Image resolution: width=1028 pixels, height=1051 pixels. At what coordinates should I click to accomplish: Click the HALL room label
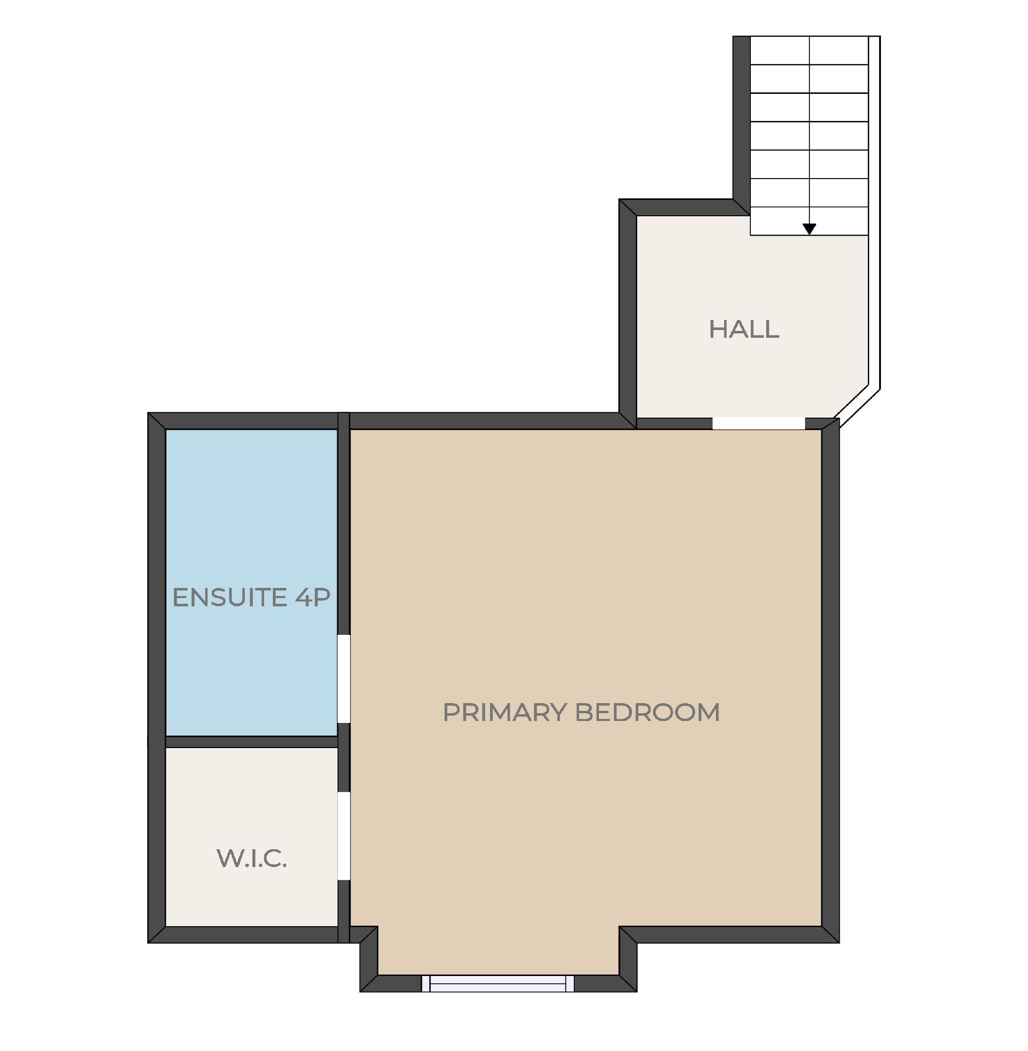pyautogui.click(x=744, y=329)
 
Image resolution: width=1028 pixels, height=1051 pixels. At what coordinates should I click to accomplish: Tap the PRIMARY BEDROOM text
pyautogui.click(x=581, y=712)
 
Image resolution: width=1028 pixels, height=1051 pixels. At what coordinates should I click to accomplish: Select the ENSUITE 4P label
pyautogui.click(x=251, y=597)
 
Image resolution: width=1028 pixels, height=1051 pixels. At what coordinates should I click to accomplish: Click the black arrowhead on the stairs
pyautogui.click(x=809, y=229)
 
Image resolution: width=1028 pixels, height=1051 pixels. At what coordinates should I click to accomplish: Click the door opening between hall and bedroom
pyautogui.click(x=759, y=423)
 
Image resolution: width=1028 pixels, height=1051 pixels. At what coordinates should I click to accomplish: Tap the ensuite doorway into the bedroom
pyautogui.click(x=343, y=678)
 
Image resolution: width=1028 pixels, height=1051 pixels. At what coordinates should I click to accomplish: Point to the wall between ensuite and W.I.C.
pyautogui.click(x=251, y=741)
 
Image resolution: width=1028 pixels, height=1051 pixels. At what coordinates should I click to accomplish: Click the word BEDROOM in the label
pyautogui.click(x=647, y=712)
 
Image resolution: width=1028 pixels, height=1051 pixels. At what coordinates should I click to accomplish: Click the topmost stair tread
pyautogui.click(x=809, y=50)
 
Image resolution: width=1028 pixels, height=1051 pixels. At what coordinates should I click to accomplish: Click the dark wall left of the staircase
pyautogui.click(x=741, y=119)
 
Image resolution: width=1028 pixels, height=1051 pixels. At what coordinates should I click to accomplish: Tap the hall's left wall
pyautogui.click(x=627, y=313)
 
